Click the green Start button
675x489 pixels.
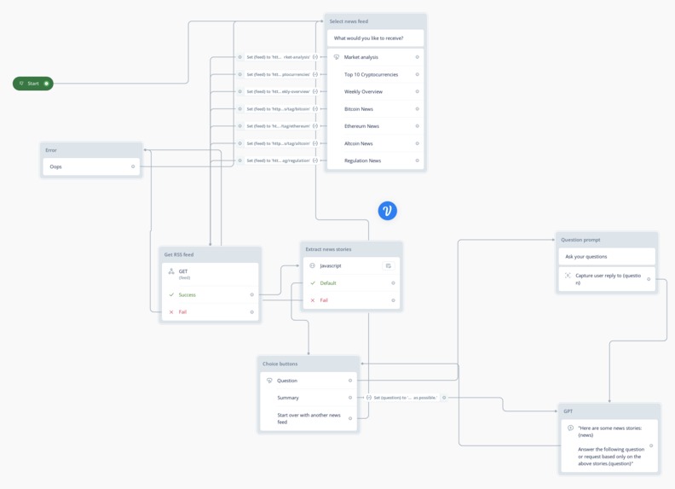[x=32, y=84]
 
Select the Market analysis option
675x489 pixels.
[x=361, y=57]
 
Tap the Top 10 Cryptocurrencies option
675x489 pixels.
[x=371, y=74]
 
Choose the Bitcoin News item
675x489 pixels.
[x=359, y=109]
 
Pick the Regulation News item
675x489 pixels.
[x=362, y=160]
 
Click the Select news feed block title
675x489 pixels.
[x=349, y=21]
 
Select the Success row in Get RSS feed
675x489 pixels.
[x=187, y=294]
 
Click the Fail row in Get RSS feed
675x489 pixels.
[x=182, y=312]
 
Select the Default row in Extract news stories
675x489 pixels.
[x=328, y=283]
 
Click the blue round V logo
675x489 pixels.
[x=388, y=211]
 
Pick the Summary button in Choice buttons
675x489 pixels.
[x=288, y=398]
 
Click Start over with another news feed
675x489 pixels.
[x=309, y=418]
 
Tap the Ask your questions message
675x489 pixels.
[x=586, y=256]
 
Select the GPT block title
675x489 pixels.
[x=568, y=411]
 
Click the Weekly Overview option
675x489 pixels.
[x=363, y=91]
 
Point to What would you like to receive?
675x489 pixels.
[x=369, y=38]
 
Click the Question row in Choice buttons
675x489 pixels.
[x=287, y=381]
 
